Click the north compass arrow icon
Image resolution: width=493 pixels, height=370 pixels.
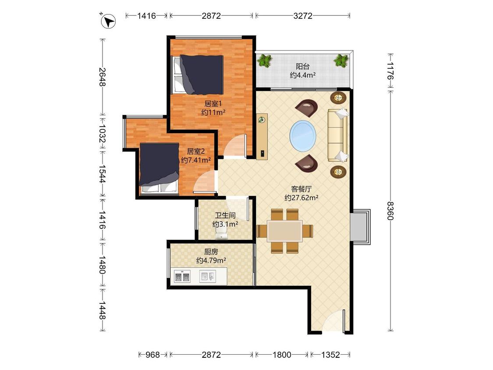[108, 21]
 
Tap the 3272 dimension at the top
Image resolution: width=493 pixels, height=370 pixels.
[303, 16]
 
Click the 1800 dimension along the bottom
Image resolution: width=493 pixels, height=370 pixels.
[282, 355]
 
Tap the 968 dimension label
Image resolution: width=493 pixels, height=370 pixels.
[153, 355]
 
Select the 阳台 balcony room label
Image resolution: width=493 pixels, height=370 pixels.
[303, 66]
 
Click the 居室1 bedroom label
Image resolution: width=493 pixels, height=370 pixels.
[213, 103]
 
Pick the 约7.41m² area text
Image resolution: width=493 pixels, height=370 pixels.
[196, 160]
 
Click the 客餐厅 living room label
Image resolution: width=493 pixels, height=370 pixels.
[301, 189]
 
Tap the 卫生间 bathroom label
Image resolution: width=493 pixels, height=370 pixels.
[225, 216]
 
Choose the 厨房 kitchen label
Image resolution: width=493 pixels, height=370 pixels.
[211, 252]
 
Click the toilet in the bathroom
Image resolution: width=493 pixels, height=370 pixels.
[222, 232]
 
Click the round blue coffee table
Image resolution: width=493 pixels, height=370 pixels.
[303, 136]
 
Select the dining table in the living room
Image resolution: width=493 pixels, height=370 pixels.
[285, 231]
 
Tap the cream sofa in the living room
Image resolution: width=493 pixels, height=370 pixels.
[338, 135]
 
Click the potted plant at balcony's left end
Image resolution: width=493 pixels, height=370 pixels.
[264, 60]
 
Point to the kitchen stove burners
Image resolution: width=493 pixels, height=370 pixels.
[182, 276]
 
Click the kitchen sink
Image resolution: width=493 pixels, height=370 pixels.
[208, 276]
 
